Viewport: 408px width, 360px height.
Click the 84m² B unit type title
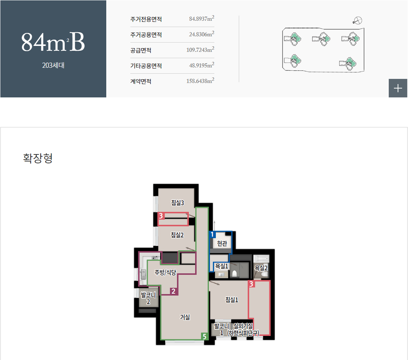(x=53, y=43)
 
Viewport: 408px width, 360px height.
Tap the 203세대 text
(x=53, y=66)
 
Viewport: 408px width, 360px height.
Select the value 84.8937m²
(x=202, y=19)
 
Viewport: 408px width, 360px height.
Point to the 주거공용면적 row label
(x=146, y=35)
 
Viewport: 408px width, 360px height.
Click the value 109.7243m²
(x=200, y=50)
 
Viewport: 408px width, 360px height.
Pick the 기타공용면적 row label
(x=146, y=66)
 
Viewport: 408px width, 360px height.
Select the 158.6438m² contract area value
(x=200, y=81)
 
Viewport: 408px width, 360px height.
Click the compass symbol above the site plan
(x=358, y=21)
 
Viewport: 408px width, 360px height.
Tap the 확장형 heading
(x=38, y=159)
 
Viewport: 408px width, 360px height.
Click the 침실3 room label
(x=177, y=202)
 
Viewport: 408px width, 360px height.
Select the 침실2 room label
(x=177, y=234)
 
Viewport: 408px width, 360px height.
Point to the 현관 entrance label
(x=222, y=243)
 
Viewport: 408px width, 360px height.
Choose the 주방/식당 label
(x=165, y=273)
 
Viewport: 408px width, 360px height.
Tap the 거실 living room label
(x=185, y=317)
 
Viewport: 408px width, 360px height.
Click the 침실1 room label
(x=232, y=300)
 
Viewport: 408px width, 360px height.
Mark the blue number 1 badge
(x=212, y=234)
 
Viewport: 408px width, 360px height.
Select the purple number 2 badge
(x=173, y=291)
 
